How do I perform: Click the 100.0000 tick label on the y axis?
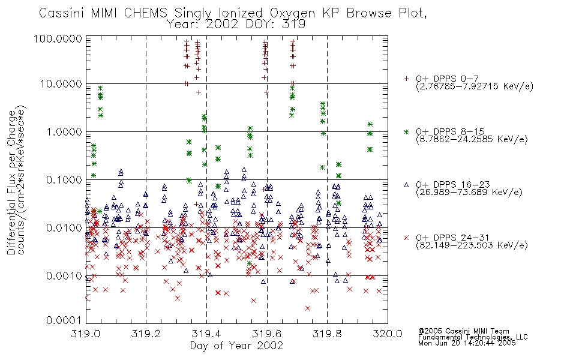point(58,38)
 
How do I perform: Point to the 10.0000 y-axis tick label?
point(61,84)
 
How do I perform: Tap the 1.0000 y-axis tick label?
point(64,131)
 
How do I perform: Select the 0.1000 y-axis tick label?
point(64,179)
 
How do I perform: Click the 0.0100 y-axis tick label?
point(64,227)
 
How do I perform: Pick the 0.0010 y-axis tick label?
point(64,275)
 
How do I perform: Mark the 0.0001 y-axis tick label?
point(64,320)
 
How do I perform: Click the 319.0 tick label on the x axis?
point(86,334)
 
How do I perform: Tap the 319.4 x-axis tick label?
point(206,334)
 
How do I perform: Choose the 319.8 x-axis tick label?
point(327,334)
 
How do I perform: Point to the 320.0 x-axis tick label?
point(388,334)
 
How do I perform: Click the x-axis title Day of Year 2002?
point(236,346)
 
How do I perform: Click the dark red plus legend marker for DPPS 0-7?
point(406,79)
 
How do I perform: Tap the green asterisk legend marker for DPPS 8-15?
point(406,131)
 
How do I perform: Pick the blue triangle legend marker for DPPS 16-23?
point(406,185)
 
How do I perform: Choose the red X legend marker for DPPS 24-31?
point(406,238)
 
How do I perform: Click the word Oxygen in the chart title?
point(293,13)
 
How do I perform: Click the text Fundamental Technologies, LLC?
point(473,337)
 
